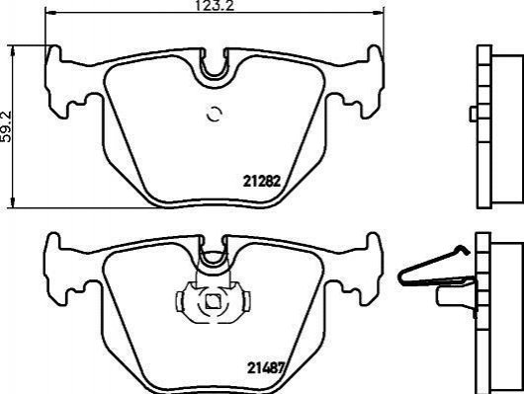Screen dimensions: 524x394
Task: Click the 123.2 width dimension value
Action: (215, 5)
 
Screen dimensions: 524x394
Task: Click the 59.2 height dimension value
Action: (6, 126)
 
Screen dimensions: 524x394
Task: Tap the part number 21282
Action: (261, 182)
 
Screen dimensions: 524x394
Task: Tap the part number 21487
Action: (265, 368)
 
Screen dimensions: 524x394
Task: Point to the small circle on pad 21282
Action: (215, 115)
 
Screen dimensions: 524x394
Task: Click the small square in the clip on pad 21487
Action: (212, 302)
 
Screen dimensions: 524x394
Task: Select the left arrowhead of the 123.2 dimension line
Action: (49, 13)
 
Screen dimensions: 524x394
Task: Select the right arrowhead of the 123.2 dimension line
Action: (379, 13)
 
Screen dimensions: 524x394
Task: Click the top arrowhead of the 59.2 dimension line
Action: (13, 51)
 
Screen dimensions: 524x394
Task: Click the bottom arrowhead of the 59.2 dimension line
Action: (13, 202)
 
